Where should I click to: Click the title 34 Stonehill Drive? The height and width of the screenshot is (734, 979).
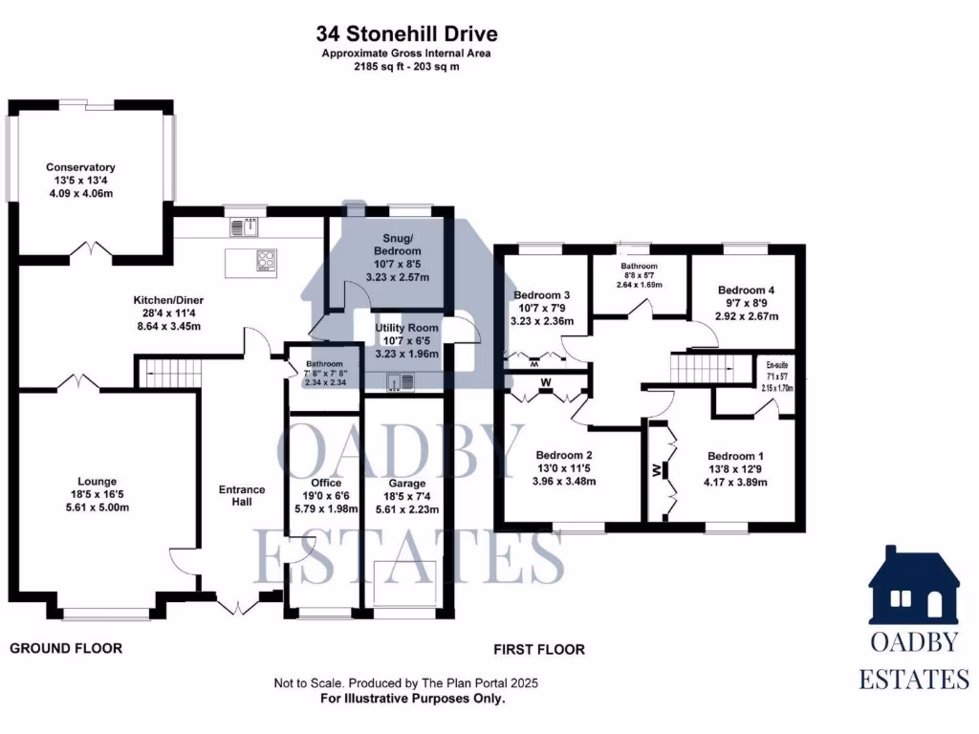[x=406, y=35]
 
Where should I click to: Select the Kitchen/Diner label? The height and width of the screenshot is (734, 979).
[x=167, y=300]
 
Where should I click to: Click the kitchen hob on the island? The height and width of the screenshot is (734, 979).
[x=265, y=258]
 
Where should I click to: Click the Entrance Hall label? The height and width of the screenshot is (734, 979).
[x=242, y=496]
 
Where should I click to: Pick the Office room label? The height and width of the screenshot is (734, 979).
[x=325, y=483]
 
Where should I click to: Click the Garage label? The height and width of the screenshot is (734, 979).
[x=407, y=484]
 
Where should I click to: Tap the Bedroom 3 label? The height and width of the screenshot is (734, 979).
[x=542, y=295]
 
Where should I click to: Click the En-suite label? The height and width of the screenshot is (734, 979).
[x=775, y=364]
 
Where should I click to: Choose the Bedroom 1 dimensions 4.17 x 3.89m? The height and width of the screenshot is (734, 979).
[x=736, y=483]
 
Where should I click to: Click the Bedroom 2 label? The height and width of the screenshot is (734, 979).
[x=564, y=455]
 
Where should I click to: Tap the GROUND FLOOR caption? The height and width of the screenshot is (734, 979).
[x=66, y=649]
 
